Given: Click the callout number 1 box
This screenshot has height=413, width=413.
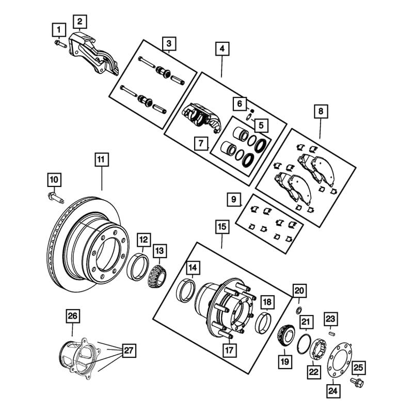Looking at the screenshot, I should [60, 29].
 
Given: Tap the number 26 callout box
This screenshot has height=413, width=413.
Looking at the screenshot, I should [72, 315].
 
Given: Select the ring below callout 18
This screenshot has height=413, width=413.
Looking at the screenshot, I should [264, 323].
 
